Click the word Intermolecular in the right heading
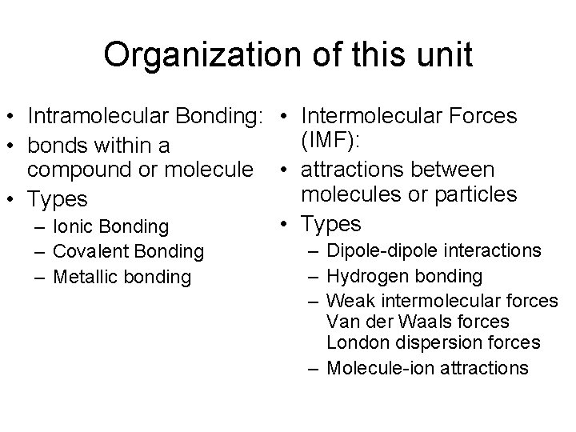[x=375, y=117]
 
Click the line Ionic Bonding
[x=110, y=227]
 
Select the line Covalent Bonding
[x=128, y=252]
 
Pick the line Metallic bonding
[x=122, y=277]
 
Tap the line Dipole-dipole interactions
[x=434, y=250]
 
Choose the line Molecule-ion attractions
[x=427, y=367]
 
